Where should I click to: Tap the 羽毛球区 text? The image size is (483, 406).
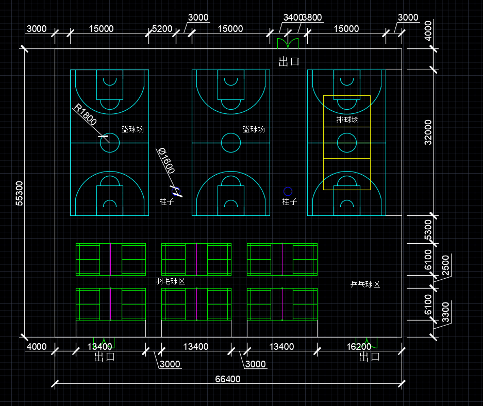coord(170,281)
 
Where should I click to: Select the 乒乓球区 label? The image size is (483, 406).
coord(365,284)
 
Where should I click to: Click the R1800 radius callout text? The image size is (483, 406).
coord(85,115)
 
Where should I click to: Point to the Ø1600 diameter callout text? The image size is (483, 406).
coord(166,160)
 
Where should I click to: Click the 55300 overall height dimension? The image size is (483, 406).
coord(19,193)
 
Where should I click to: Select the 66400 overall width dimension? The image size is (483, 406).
coord(227,379)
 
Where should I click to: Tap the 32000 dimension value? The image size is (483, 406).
coord(428,132)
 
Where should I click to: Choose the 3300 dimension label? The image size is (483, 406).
coord(446,312)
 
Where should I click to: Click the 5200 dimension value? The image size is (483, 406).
coord(162,29)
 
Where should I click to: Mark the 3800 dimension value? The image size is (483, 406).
coord(312,18)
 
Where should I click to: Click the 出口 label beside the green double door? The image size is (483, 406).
coord(289,62)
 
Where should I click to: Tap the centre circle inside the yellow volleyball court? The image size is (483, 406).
coord(346,143)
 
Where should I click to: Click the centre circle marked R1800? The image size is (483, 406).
coord(110,143)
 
